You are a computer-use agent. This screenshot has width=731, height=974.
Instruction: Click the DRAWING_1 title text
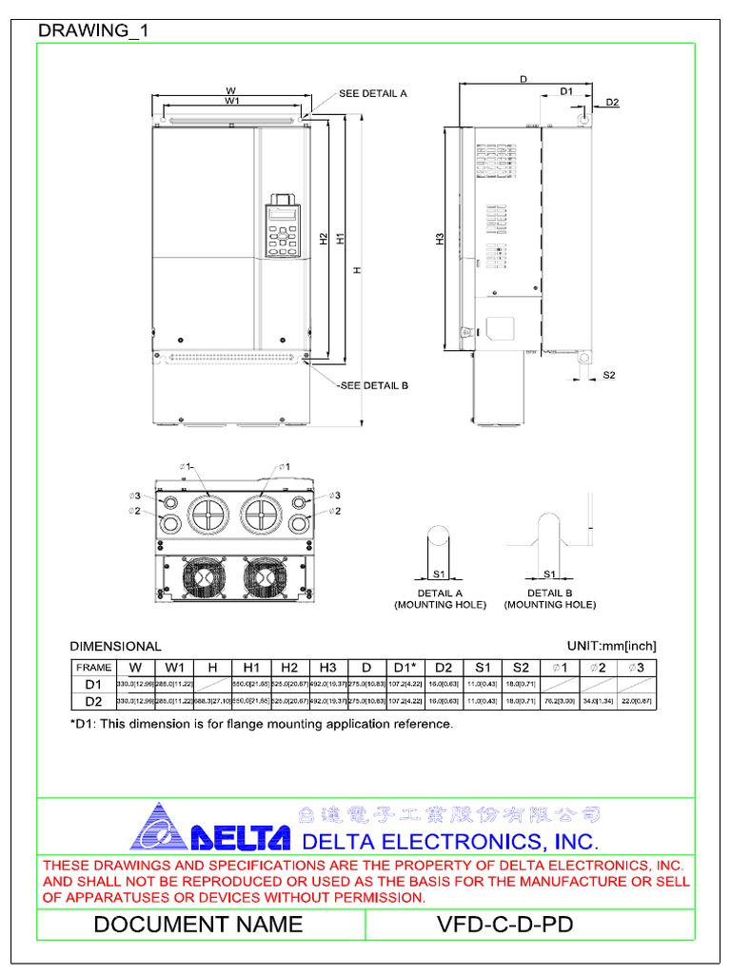coord(92,31)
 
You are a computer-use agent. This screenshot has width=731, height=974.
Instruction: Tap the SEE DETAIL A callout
coord(372,94)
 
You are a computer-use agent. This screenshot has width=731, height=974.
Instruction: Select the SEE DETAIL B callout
coord(373,385)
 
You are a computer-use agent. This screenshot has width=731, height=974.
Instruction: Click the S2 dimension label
coord(609,376)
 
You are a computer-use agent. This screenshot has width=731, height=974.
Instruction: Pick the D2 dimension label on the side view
coord(612,102)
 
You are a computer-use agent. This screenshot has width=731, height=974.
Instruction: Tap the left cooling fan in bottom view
coord(203,577)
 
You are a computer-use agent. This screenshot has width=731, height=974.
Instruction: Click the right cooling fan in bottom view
coord(264,577)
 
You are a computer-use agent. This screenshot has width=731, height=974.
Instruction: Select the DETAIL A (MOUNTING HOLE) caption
coord(440,598)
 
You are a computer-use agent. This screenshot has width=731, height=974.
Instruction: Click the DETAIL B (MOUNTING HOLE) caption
coord(549,598)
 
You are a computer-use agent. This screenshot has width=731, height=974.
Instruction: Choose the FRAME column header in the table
coord(93,668)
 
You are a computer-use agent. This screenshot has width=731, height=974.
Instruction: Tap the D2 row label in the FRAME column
coord(93,701)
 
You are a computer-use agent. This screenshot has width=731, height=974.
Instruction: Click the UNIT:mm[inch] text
coord(611,646)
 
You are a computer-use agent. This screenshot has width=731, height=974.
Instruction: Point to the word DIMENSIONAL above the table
coord(117,646)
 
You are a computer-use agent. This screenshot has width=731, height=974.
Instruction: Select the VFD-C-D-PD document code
coord(504,925)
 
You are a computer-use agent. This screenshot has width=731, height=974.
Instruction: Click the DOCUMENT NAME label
coord(198,925)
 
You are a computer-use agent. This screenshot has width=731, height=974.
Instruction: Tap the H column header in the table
coord(212,668)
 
